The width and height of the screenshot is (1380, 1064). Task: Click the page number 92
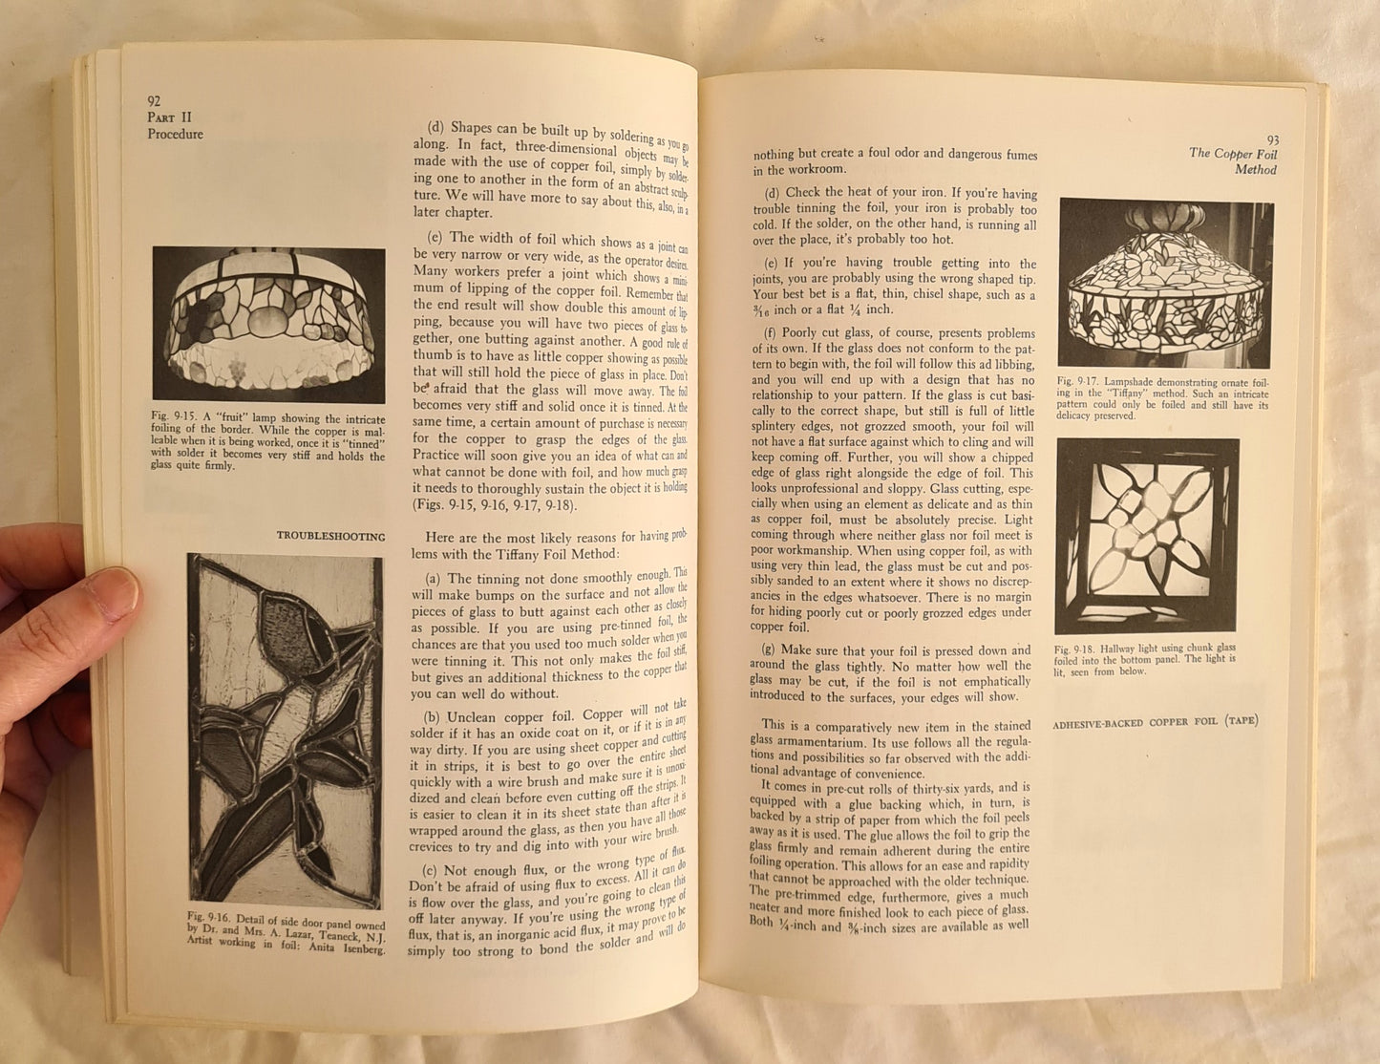point(154,100)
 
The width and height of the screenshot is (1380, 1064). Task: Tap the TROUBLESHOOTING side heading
point(330,537)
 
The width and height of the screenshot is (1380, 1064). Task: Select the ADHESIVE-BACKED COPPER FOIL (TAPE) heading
point(1156,721)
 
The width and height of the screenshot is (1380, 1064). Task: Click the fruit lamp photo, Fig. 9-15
point(268,324)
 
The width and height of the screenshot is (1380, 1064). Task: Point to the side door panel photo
point(285,730)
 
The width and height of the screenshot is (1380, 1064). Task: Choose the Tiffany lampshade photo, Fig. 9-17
point(1164,283)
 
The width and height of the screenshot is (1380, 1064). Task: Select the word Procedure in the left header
point(175,135)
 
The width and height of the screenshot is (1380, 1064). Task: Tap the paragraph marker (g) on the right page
point(774,650)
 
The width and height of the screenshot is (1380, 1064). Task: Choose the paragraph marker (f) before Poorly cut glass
point(771,333)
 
